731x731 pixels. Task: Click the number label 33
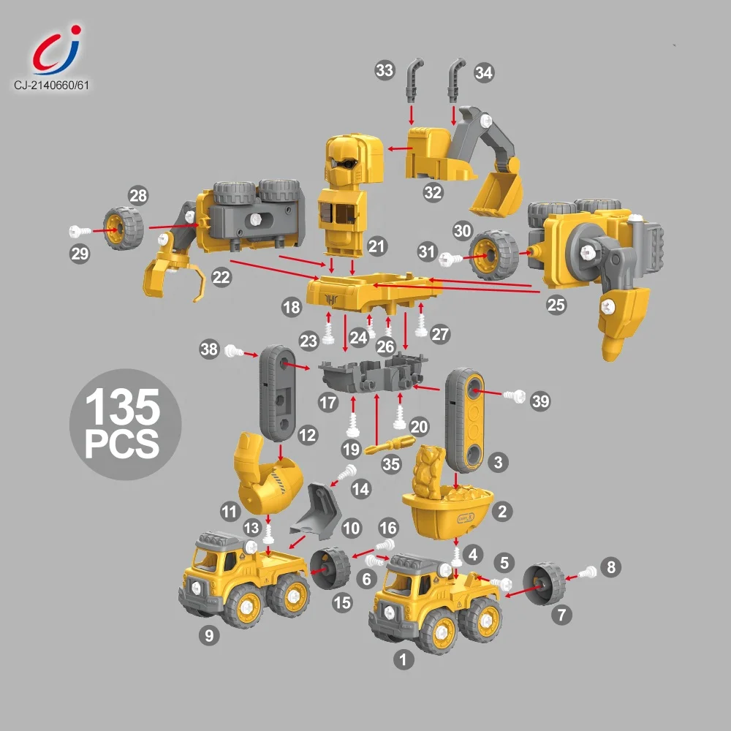pyautogui.click(x=385, y=70)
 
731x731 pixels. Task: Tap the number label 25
pyautogui.click(x=556, y=305)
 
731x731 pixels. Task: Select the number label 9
pyautogui.click(x=209, y=635)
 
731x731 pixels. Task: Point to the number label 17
pyautogui.click(x=327, y=402)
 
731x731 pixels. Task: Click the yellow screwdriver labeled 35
pyautogui.click(x=390, y=444)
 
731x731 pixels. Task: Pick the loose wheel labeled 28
pyautogui.click(x=124, y=228)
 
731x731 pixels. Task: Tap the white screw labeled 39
pyautogui.click(x=515, y=397)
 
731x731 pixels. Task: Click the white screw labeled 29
pyautogui.click(x=80, y=231)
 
